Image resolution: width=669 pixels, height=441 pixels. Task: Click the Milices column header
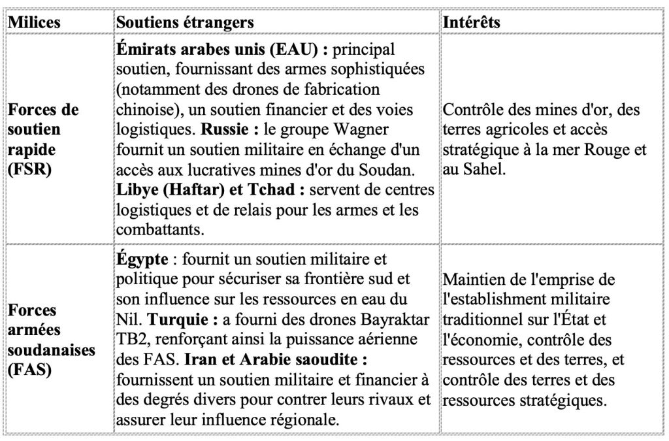(x=34, y=22)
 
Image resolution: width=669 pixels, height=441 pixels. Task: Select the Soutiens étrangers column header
(x=185, y=22)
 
